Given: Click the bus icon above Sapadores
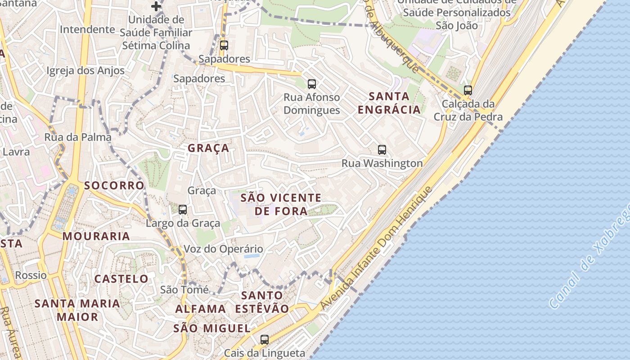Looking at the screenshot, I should click(x=224, y=45).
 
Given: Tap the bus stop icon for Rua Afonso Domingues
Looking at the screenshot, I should click(x=311, y=84).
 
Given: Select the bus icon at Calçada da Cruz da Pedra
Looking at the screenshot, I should click(x=468, y=90).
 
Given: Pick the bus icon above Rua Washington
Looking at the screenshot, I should click(x=382, y=150).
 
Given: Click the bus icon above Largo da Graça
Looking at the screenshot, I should click(x=183, y=209).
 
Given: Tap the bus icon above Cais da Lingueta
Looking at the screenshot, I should click(x=265, y=339).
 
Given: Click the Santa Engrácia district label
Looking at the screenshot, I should click(x=389, y=103).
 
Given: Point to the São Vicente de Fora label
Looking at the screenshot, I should click(x=281, y=204).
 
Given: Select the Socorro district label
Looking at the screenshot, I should click(x=114, y=185).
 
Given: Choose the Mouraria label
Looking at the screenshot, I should click(x=96, y=236).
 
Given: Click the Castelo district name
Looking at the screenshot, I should click(x=121, y=279).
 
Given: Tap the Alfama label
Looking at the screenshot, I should click(x=201, y=309).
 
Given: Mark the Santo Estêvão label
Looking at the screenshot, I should click(x=262, y=302).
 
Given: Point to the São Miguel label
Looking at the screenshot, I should click(x=212, y=328).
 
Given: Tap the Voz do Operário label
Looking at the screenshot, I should click(x=223, y=249).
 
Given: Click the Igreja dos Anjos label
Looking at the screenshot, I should click(x=85, y=71).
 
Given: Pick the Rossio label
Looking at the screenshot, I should click(x=31, y=275).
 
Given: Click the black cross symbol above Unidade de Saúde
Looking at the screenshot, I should click(x=156, y=6).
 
